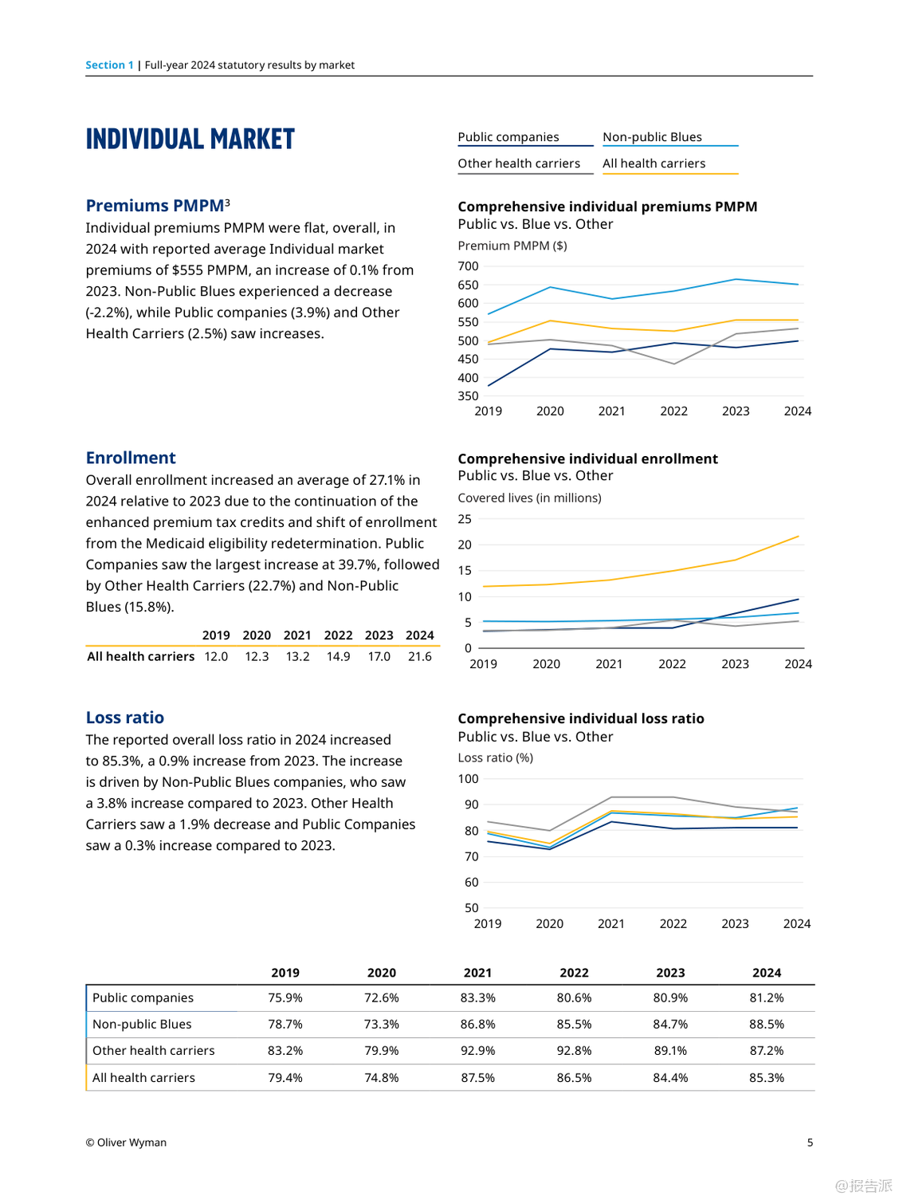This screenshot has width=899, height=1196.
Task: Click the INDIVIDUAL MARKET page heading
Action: coord(190,139)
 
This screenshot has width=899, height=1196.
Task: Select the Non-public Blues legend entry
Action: coord(652,137)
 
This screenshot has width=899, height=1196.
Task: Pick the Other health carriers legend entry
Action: coord(519,163)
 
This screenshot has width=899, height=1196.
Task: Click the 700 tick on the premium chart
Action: coord(469,266)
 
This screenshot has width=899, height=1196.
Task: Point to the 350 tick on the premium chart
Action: coord(469,396)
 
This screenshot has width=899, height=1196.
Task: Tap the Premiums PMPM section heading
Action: coord(155,206)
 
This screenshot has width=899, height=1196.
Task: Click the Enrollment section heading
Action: coord(131,458)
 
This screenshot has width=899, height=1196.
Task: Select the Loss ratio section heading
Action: coord(125,718)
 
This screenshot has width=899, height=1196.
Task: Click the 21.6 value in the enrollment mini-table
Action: coord(420,656)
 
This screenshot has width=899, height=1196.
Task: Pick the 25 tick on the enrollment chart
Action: coord(465,519)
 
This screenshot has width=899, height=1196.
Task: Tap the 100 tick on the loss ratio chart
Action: coord(469,779)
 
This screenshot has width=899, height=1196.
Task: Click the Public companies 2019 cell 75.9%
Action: coord(285,997)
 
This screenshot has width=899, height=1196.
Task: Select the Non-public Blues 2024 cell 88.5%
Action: coord(767,1024)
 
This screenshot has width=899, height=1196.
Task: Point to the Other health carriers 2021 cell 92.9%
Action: coord(478,1051)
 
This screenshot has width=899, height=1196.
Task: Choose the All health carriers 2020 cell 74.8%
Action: coord(382,1078)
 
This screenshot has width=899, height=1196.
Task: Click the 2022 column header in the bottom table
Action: coord(574,973)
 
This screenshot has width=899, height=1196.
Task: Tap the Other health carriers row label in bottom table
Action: coord(154,1051)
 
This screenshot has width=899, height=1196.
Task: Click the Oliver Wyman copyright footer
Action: coord(126,1143)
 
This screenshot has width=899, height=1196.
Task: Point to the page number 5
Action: coord(810,1143)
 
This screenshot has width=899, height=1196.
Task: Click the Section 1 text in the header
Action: coord(109,65)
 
